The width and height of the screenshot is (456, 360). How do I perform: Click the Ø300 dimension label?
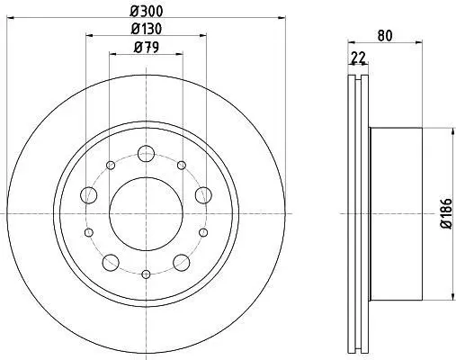[x=146, y=12]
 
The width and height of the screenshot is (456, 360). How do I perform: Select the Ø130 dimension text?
[x=147, y=29]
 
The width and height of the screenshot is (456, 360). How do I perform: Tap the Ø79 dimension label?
[x=147, y=48]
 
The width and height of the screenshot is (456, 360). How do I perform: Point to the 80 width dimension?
[x=385, y=36]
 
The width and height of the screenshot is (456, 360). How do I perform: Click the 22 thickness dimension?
[x=358, y=58]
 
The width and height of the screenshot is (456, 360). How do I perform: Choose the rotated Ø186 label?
[x=447, y=213]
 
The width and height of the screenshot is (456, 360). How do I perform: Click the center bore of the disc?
[x=146, y=214]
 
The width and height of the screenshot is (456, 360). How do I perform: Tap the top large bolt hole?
[x=146, y=153]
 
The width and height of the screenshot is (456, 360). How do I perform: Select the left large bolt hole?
[x=89, y=195]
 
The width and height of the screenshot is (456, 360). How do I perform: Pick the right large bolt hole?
[x=203, y=195]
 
